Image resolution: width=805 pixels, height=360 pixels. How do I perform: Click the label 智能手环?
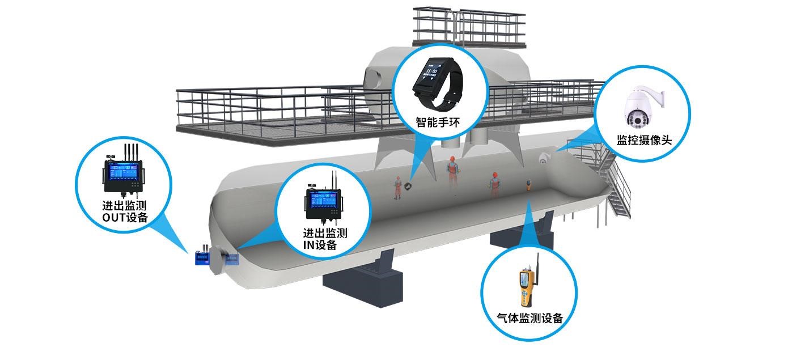pyautogui.click(x=437, y=121)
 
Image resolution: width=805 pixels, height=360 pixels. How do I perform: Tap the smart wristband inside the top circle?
pyautogui.click(x=438, y=84)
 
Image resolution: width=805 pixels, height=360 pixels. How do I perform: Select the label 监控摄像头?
pyautogui.click(x=643, y=140)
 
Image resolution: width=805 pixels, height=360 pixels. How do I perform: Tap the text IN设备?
pyautogui.click(x=320, y=245)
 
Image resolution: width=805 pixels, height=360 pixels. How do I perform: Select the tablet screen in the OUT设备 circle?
pyautogui.click(x=122, y=173)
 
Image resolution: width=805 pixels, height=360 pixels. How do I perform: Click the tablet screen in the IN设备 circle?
pyautogui.click(x=325, y=202)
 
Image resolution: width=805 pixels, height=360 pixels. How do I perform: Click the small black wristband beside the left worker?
pyautogui.click(x=409, y=185)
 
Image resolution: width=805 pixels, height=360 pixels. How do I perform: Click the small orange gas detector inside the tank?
pyautogui.click(x=528, y=185)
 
